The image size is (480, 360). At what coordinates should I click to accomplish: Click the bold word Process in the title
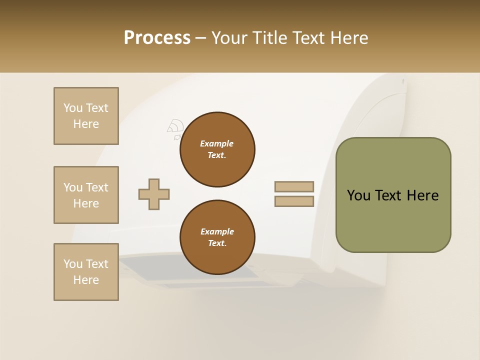(157, 38)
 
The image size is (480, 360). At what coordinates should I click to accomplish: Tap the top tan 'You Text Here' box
(86, 116)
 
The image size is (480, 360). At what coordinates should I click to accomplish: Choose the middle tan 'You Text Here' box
(86, 195)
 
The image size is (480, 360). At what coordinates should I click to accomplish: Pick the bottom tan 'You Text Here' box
(86, 272)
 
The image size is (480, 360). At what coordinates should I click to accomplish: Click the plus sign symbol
(154, 194)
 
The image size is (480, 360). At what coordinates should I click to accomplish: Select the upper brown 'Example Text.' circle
(217, 149)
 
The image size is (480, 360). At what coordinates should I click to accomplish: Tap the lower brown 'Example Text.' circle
(217, 237)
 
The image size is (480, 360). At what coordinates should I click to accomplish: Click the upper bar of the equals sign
(294, 187)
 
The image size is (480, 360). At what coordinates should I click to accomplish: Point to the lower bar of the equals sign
(294, 201)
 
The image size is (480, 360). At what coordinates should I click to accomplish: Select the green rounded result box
(393, 195)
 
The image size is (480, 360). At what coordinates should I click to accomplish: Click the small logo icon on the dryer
(175, 129)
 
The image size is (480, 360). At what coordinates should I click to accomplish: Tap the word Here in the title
(348, 38)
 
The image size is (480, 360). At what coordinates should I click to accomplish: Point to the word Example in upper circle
(217, 144)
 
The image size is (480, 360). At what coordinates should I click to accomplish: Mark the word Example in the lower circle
(217, 232)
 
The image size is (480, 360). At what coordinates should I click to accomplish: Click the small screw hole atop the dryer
(403, 80)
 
